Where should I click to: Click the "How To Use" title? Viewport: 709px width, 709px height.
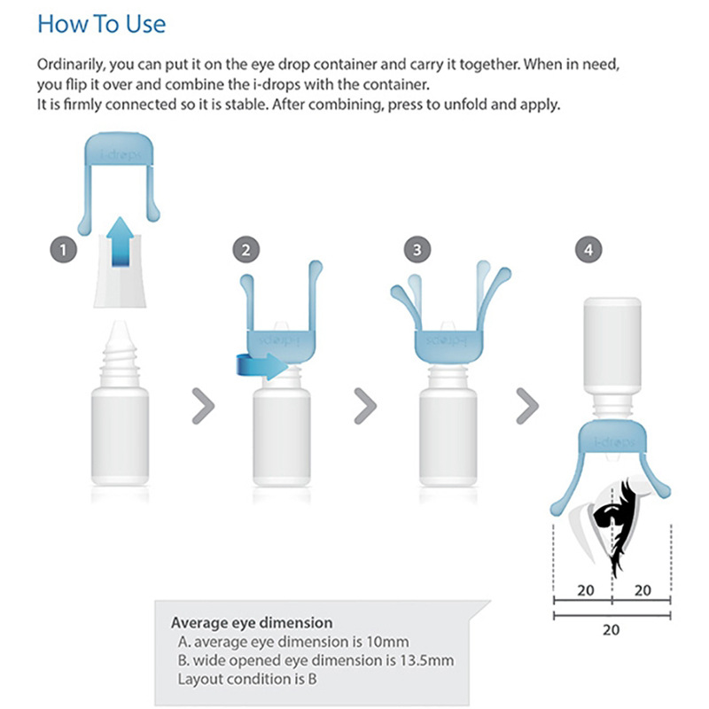click(x=101, y=24)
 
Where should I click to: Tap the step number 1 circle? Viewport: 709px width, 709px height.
click(x=63, y=250)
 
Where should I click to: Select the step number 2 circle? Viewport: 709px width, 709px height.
click(x=246, y=250)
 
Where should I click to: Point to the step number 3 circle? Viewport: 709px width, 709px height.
click(x=417, y=250)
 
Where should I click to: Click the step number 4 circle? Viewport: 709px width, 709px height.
click(x=588, y=250)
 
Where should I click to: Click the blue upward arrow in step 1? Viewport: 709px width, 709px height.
click(x=121, y=241)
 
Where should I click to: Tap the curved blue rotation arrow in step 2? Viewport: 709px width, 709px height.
click(x=261, y=366)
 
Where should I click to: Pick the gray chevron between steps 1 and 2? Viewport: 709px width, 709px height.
click(x=204, y=406)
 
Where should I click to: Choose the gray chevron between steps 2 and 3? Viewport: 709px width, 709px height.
click(x=365, y=406)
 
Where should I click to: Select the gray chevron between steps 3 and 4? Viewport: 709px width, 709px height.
click(x=527, y=406)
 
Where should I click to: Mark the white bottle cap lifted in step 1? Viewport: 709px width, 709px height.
click(x=120, y=270)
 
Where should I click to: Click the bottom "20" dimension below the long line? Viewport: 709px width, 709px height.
click(x=611, y=629)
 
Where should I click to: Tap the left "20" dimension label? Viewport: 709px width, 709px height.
click(x=586, y=590)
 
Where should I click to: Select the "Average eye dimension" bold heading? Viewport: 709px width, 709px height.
click(x=252, y=623)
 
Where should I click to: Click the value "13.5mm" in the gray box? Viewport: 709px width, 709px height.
click(x=427, y=660)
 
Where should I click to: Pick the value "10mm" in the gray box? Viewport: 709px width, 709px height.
click(x=388, y=642)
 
